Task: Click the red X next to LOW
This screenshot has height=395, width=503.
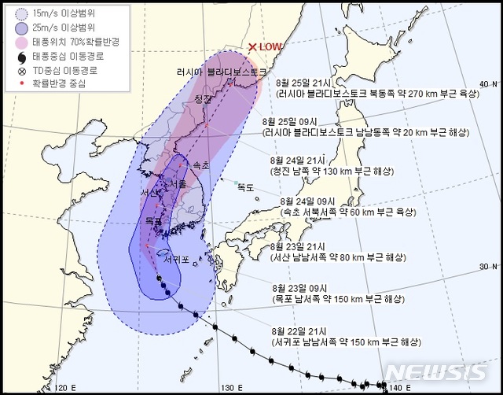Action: point(252,48)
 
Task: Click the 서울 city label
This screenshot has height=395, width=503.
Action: point(178,184)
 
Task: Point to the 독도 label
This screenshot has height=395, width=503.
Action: point(246,187)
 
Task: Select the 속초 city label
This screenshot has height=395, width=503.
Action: point(200,166)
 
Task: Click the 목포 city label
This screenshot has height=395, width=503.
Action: point(154,222)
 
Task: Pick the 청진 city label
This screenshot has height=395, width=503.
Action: point(204,99)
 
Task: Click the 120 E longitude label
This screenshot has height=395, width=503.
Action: point(64,386)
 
